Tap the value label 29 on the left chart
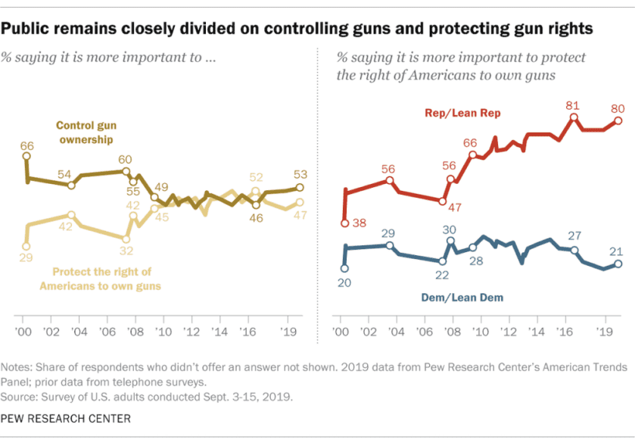coord(25,258)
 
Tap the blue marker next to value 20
coord(344,268)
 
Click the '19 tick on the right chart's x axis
coord(604,332)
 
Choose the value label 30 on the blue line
coord(448,229)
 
